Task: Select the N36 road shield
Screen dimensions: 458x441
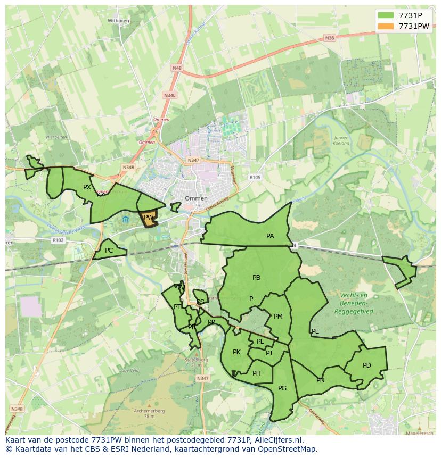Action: (329, 38)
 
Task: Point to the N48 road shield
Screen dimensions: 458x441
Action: (177, 68)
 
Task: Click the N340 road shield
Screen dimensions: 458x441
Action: (169, 95)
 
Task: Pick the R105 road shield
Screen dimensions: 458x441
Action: (255, 177)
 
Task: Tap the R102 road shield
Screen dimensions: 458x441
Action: (58, 240)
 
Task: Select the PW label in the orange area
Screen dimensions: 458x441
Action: (149, 217)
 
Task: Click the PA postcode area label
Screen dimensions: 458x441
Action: (270, 236)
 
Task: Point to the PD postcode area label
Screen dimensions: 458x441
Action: (366, 365)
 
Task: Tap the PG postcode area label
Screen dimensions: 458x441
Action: (282, 388)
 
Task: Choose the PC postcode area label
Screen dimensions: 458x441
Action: (109, 251)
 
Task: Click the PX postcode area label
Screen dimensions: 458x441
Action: (87, 187)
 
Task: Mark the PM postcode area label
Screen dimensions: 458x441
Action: (278, 317)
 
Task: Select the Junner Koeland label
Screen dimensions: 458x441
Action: (341, 140)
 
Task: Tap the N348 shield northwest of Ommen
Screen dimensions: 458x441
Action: (128, 167)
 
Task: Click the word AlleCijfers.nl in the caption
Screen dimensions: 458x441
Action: (277, 440)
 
